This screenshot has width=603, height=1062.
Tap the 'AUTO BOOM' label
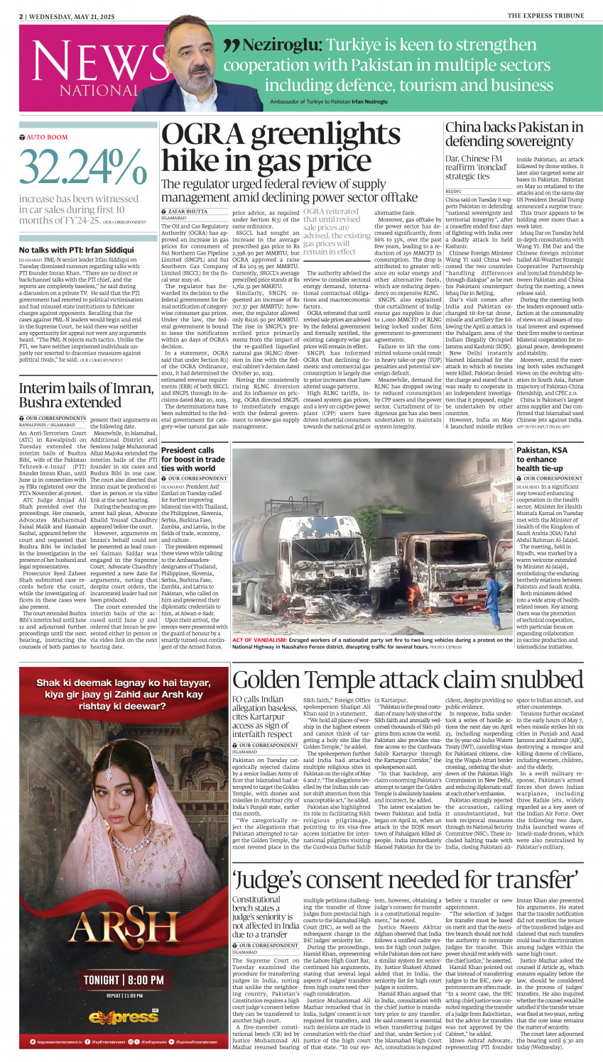tap(47, 137)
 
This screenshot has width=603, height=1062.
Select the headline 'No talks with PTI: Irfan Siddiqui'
tap(76, 250)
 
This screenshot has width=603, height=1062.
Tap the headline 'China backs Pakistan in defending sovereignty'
tap(514, 134)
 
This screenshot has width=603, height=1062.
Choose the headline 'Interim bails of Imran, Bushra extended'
tap(86, 395)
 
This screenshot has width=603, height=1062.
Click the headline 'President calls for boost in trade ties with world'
tap(188, 459)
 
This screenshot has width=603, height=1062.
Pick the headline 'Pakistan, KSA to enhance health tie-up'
tap(542, 459)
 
